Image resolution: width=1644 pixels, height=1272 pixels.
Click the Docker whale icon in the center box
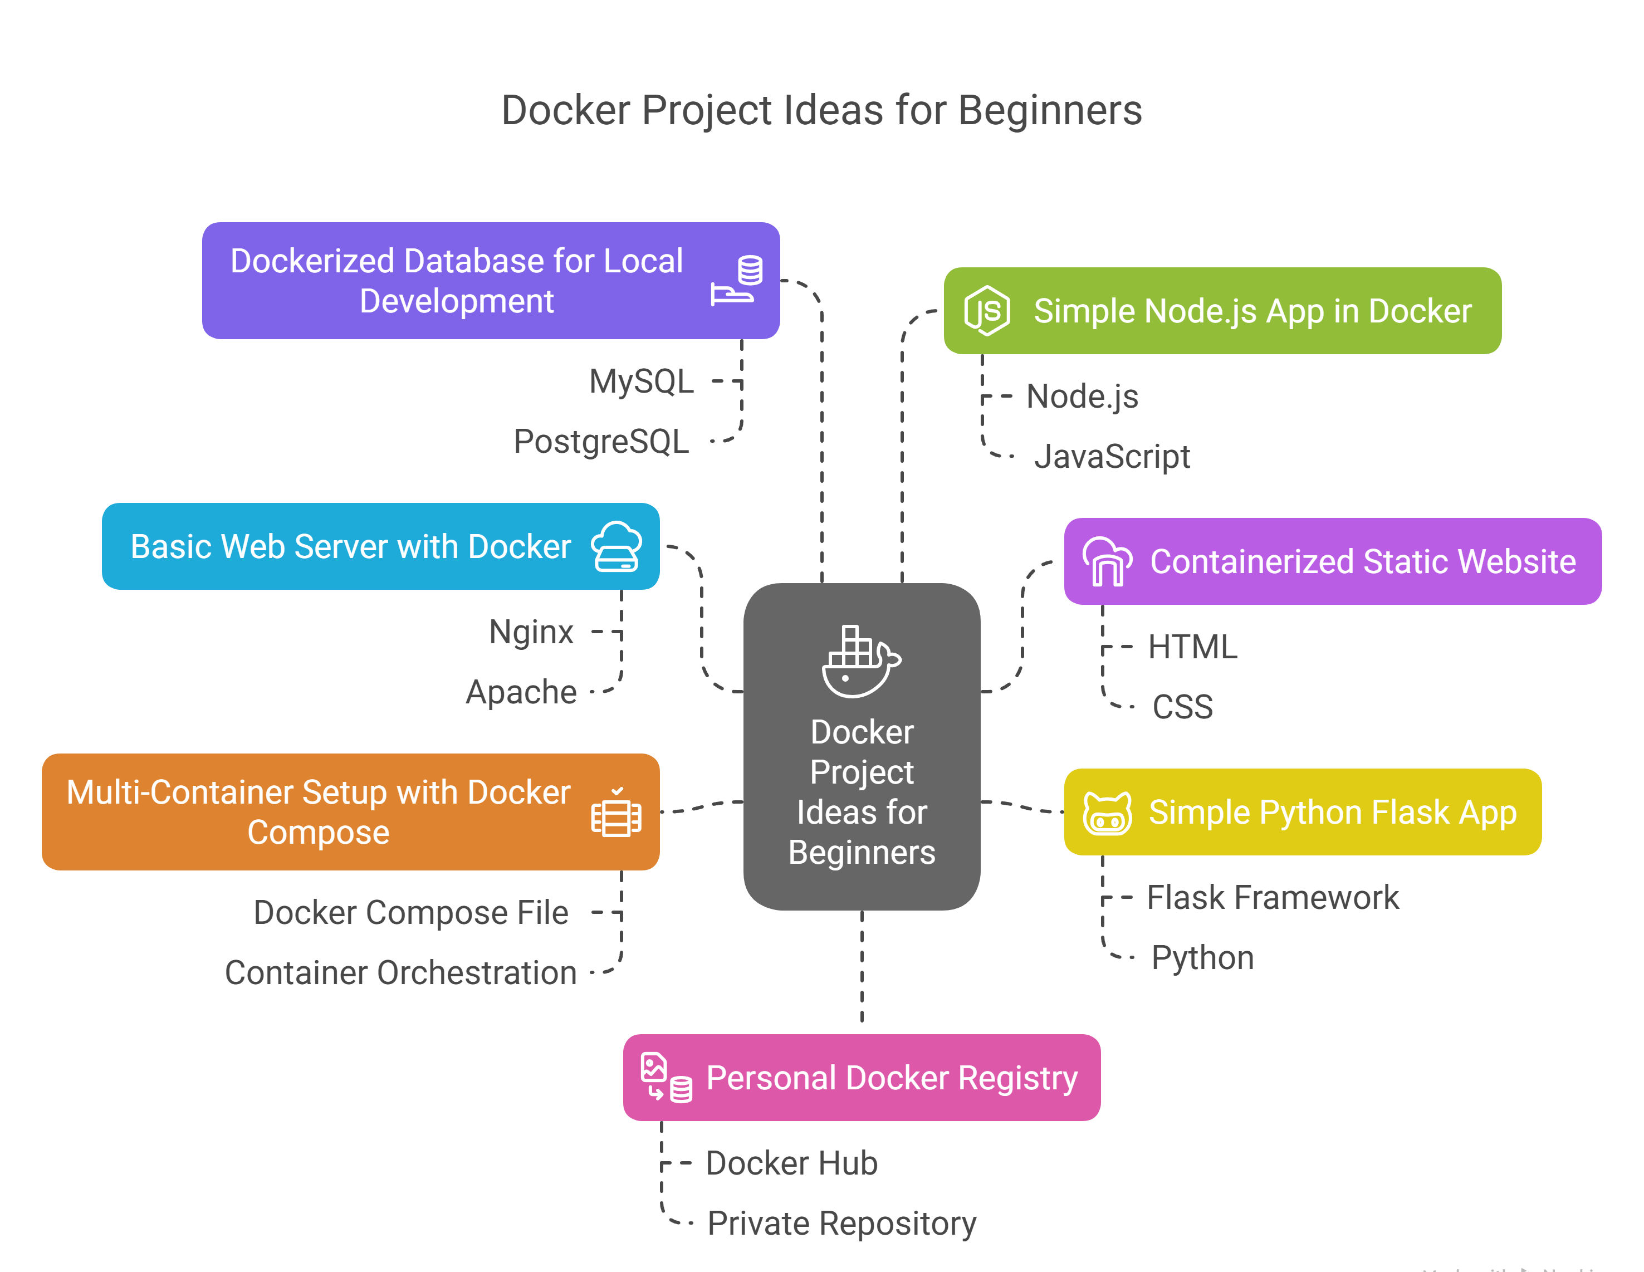pos(860,661)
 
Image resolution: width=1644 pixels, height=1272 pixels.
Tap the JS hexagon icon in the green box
pos(987,311)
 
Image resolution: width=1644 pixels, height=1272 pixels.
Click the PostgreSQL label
pos(601,441)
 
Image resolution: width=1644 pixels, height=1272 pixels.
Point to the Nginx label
pos(531,632)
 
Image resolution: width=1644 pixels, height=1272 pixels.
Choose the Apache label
pos(521,692)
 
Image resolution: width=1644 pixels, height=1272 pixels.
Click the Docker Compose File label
pos(410,912)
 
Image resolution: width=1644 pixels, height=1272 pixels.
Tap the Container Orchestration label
pos(400,972)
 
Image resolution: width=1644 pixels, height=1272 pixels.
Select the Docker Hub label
pos(791,1163)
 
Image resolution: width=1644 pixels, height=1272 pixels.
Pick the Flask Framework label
pos(1272,897)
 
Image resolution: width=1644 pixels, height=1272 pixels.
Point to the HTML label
pos(1192,647)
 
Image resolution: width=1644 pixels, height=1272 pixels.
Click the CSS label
pos(1182,707)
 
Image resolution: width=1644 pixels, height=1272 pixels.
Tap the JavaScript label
pos(1112,456)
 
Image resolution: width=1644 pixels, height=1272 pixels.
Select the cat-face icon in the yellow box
pos(1107,813)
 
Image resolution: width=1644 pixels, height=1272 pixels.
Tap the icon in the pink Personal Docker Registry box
pos(666,1078)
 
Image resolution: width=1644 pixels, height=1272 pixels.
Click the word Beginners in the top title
pos(1050,111)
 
